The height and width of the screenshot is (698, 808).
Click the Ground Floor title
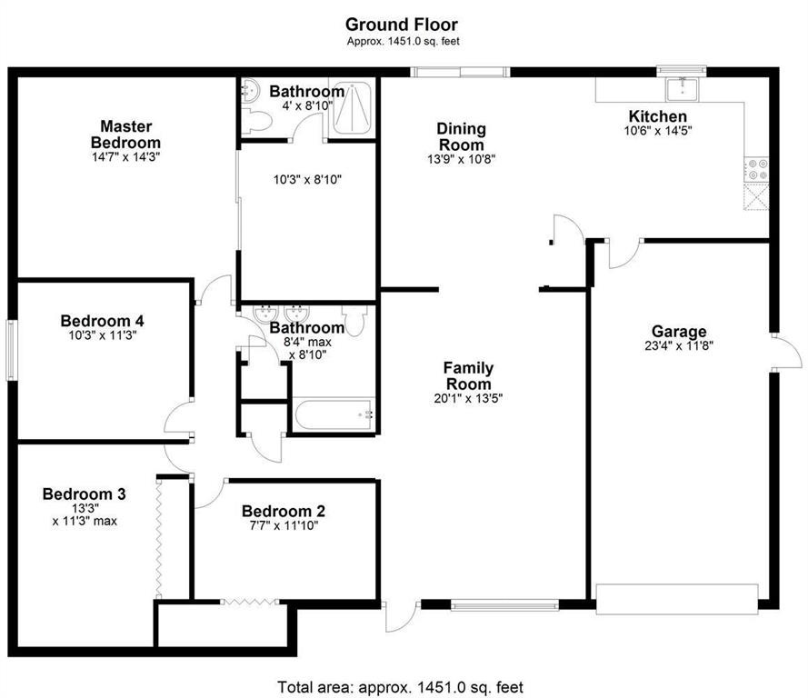point(402,25)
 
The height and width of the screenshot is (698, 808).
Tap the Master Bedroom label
point(125,134)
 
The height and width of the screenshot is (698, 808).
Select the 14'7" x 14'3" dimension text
point(125,157)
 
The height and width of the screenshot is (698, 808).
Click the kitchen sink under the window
point(682,89)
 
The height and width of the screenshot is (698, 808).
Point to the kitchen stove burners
point(756,169)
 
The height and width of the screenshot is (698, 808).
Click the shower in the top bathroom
point(352,107)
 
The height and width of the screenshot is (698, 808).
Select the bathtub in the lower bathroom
point(333,414)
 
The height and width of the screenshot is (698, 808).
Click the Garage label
point(679,331)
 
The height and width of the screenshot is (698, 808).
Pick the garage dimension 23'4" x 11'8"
point(679,345)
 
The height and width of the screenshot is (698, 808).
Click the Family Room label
point(468,375)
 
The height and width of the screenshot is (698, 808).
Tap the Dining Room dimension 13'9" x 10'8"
point(461,159)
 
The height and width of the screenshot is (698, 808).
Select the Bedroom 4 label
point(102,321)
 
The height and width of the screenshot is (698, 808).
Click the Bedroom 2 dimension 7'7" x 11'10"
point(284,525)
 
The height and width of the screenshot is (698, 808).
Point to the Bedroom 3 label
point(84,494)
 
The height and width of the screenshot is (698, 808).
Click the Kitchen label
point(657,116)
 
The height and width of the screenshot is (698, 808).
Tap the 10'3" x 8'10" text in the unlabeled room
point(307,180)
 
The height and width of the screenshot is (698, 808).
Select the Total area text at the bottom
point(401,687)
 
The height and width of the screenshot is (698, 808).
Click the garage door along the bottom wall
point(677,599)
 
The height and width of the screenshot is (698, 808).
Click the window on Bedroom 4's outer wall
point(11,350)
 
